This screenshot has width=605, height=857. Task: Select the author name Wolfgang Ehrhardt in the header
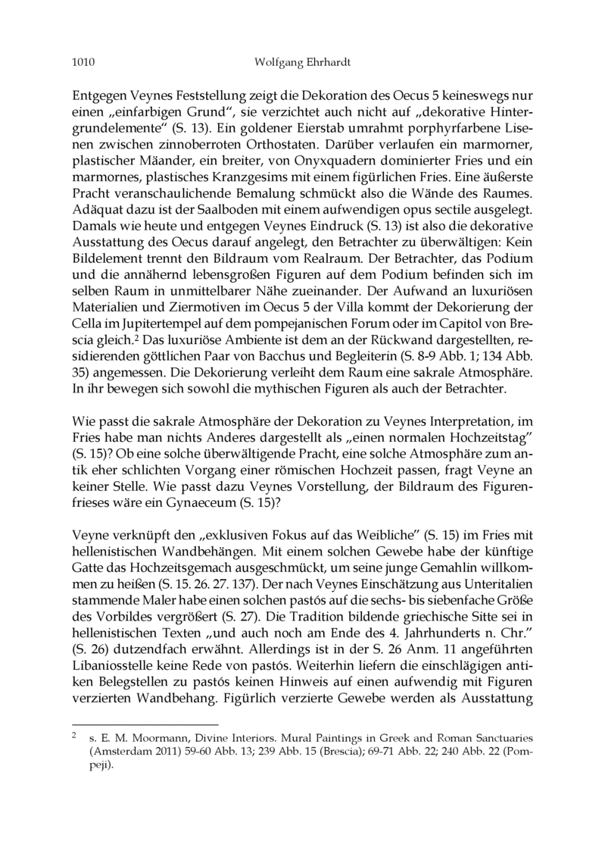pyautogui.click(x=302, y=65)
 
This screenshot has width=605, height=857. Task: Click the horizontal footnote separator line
pyautogui.click(x=144, y=724)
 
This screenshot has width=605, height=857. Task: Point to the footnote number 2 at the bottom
pyautogui.click(x=74, y=734)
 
